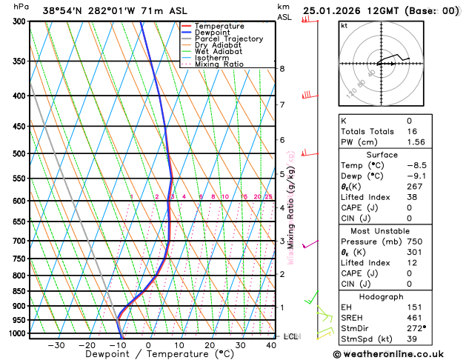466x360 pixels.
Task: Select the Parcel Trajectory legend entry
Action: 227,39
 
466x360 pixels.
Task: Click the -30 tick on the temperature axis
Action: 56,345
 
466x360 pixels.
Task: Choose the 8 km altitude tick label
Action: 282,69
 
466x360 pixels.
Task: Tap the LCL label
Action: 290,336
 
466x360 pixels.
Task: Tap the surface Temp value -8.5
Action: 411,165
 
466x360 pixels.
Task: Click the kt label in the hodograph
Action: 344,25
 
